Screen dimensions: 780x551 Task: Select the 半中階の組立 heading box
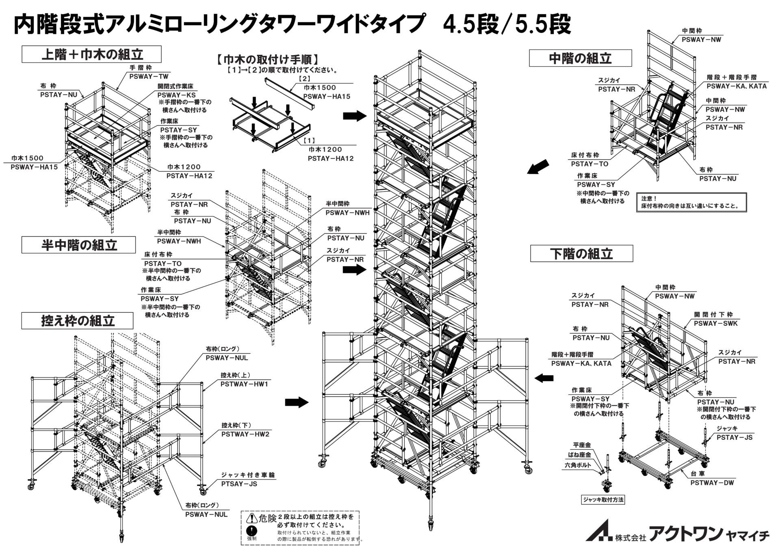coord(79,245)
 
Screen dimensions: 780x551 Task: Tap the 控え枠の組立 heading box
coord(77,321)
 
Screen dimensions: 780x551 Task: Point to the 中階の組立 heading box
coord(580,58)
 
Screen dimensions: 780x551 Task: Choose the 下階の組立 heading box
coord(581,254)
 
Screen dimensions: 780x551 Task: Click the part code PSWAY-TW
coord(149,76)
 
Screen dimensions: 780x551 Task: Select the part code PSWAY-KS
coord(177,95)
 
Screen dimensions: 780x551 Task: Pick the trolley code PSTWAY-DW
coord(712,483)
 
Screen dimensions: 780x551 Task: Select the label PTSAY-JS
coord(239,484)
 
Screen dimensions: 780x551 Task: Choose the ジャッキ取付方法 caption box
coord(603,500)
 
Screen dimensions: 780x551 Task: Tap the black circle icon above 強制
coord(252,531)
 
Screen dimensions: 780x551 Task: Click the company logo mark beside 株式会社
coord(599,530)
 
